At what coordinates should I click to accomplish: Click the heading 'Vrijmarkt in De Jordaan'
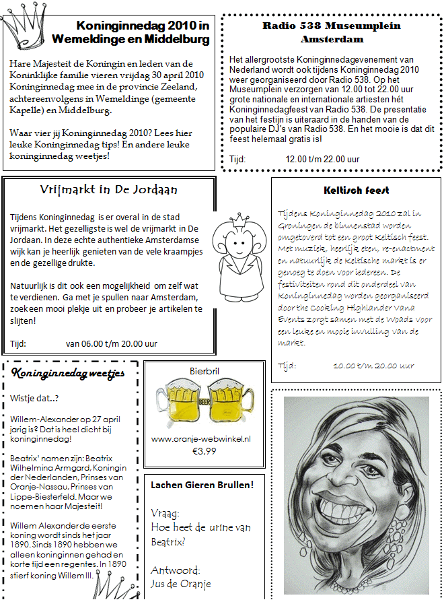click(108, 190)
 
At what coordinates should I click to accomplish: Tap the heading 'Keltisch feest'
click(356, 191)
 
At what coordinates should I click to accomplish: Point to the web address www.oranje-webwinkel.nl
click(201, 438)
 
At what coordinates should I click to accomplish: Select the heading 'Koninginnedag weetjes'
click(68, 374)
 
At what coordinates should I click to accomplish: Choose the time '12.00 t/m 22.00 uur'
click(323, 159)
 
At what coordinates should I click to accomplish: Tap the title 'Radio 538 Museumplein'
click(331, 26)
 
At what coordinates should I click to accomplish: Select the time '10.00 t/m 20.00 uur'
click(373, 366)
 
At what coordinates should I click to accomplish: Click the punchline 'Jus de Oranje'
click(181, 583)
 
